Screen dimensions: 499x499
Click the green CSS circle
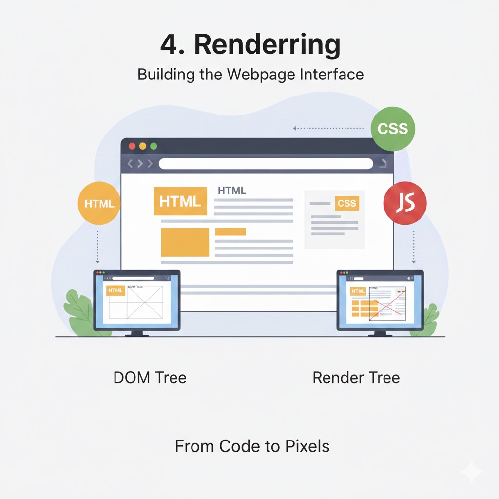pyautogui.click(x=392, y=129)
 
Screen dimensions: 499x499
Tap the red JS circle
pyautogui.click(x=405, y=204)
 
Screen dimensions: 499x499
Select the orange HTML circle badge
pyautogui.click(x=99, y=204)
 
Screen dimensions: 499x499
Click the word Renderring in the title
pyautogui.click(x=267, y=45)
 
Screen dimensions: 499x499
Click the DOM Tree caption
pyautogui.click(x=150, y=377)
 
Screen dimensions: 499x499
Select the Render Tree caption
pyautogui.click(x=356, y=377)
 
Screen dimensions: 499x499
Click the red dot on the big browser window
pyautogui.click(x=132, y=146)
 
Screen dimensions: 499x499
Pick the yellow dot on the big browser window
pyautogui.click(x=143, y=146)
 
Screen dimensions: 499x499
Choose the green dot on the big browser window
pyautogui.click(x=154, y=146)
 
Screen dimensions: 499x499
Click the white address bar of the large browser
pyautogui.click(x=266, y=164)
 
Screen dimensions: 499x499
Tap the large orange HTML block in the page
pyautogui.click(x=180, y=201)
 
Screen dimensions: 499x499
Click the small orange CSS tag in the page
pyautogui.click(x=347, y=203)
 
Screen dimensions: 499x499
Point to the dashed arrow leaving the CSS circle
pyautogui.click(x=329, y=129)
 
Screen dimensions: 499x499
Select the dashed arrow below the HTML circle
pyautogui.click(x=98, y=246)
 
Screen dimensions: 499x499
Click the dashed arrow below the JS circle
pyautogui.click(x=414, y=246)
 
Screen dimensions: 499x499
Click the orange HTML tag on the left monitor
pyautogui.click(x=115, y=290)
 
